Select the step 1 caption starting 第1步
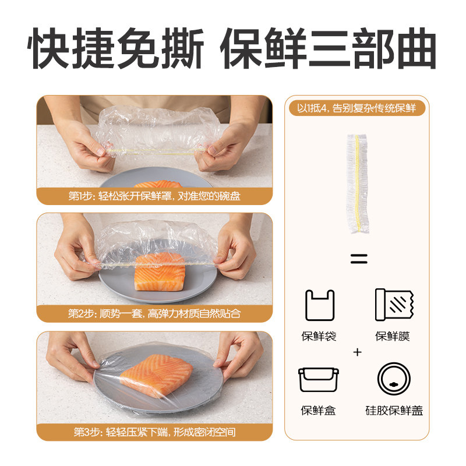(x=154, y=196)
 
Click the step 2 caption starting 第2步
(x=154, y=313)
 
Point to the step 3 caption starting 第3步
(x=154, y=432)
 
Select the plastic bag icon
(x=319, y=306)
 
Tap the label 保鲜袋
(x=319, y=337)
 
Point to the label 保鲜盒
(x=319, y=411)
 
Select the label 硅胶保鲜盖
(x=394, y=411)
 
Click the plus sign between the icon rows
(x=357, y=352)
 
